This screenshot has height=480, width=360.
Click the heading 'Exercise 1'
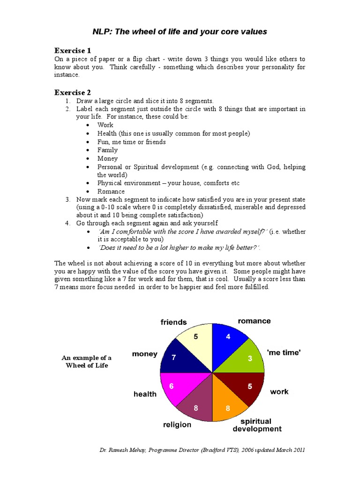[73, 50]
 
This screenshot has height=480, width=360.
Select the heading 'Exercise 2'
[73, 92]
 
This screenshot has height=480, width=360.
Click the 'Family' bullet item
[107, 150]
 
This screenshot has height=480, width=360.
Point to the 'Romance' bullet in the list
[111, 191]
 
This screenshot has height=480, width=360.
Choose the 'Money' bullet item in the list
[107, 158]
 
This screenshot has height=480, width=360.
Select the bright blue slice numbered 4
[230, 340]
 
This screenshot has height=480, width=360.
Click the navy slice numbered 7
[178, 359]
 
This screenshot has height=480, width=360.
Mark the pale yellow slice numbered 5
[196, 340]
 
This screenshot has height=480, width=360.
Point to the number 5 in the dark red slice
[250, 387]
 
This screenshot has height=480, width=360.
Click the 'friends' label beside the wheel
[173, 322]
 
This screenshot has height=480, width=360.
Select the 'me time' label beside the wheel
[283, 353]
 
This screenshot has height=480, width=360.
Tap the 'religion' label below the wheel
[177, 425]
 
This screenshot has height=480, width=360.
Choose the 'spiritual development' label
[257, 425]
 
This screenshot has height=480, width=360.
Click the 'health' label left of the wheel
[145, 394]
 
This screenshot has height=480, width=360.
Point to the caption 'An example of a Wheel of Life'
[86, 361]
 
